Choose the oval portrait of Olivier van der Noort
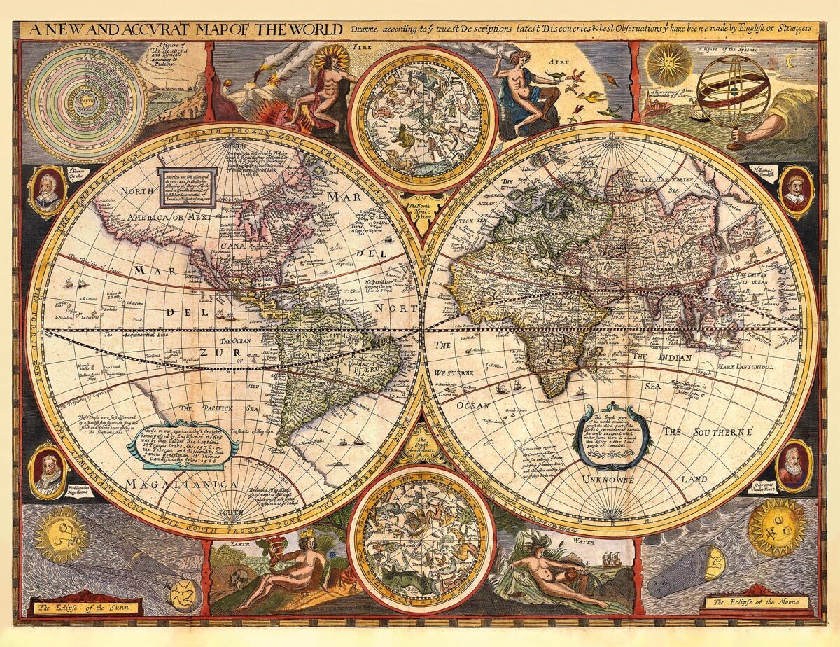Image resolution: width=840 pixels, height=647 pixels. (x=793, y=465)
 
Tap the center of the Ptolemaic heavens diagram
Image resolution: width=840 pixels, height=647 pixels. (x=84, y=102)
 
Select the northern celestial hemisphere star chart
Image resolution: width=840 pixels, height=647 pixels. (x=423, y=119)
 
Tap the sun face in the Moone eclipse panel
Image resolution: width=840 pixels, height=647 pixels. (x=776, y=527)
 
